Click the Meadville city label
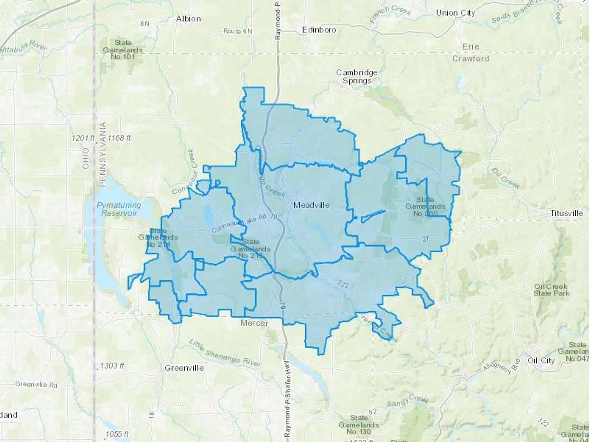pyautogui.click(x=311, y=205)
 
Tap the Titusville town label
pyautogui.click(x=566, y=213)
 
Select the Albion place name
pyautogui.click(x=188, y=19)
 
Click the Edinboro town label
pyautogui.click(x=319, y=30)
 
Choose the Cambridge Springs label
pyautogui.click(x=357, y=77)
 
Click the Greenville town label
pyautogui.click(x=184, y=368)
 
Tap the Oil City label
pyautogui.click(x=541, y=360)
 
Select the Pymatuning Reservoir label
pyautogui.click(x=119, y=209)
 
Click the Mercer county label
pyautogui.click(x=254, y=323)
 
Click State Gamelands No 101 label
pyautogui.click(x=123, y=50)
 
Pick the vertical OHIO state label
pyautogui.click(x=86, y=158)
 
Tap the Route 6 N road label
pyautogui.click(x=238, y=31)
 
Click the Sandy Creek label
pyautogui.click(x=407, y=400)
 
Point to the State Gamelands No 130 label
pyautogui.click(x=359, y=425)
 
